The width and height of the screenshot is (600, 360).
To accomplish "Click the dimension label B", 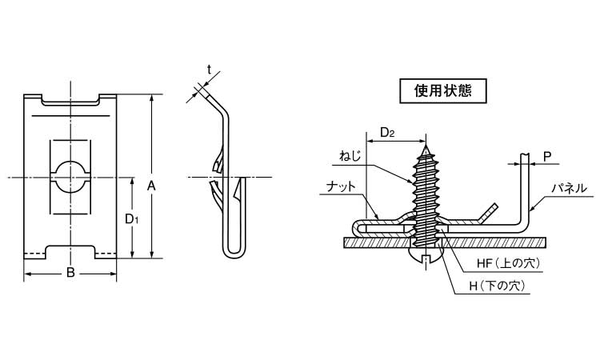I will coord(70,274).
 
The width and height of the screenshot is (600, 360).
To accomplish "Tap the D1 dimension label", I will coord(133,218).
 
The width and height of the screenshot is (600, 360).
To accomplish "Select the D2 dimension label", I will coord(386,132).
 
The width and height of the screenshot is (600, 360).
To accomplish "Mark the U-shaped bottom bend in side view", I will coord(232,250).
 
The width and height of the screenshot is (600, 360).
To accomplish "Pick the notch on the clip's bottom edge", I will coord(70,250).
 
